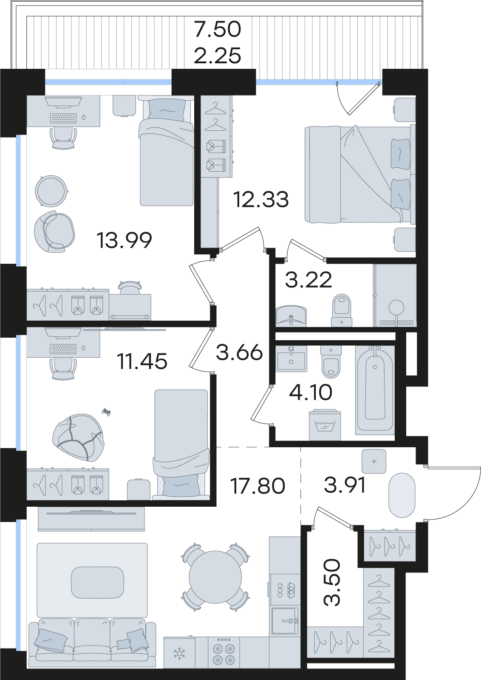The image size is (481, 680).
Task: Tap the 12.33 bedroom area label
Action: (x=261, y=200)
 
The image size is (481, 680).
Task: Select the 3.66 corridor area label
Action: (x=239, y=353)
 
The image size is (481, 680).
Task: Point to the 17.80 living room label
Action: (x=257, y=485)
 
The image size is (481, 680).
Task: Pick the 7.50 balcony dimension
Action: (x=218, y=30)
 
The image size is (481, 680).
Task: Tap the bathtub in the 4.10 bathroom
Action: (x=375, y=393)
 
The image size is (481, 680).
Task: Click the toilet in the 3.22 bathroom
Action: (x=342, y=310)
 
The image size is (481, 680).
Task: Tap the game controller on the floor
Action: (x=106, y=412)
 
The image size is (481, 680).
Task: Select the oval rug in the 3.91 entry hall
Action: (x=402, y=499)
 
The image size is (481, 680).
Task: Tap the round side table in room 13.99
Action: (x=51, y=191)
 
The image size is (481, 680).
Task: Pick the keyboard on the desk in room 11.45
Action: (x=63, y=349)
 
